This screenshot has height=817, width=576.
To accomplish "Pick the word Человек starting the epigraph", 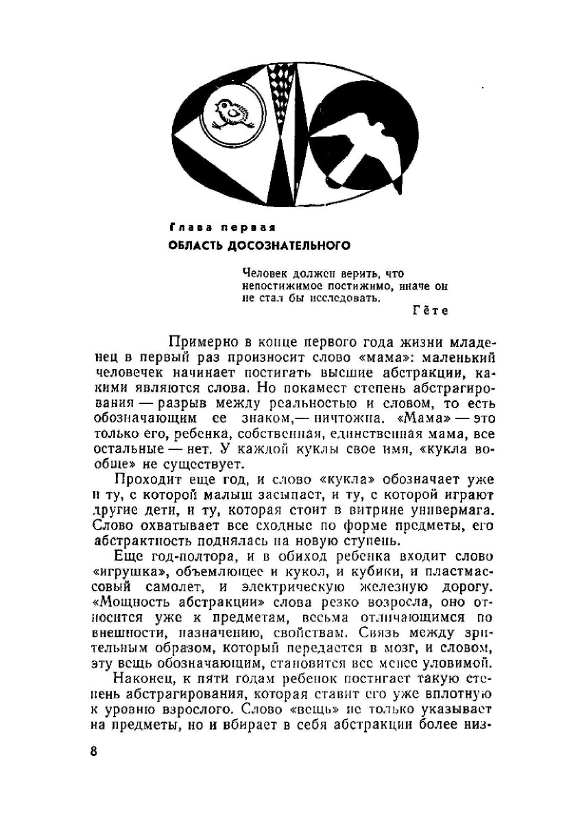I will pos(267,272).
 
